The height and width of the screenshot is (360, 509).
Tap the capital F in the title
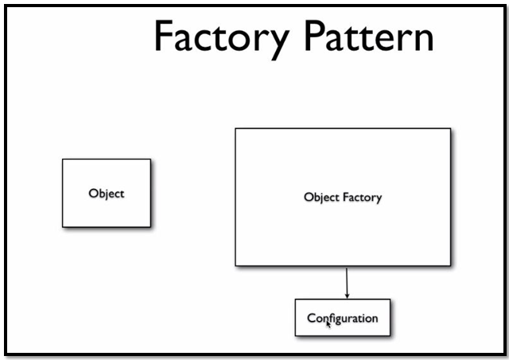[163, 37]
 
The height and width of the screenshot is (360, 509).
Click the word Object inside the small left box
[107, 193]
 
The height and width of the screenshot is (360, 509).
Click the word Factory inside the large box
[362, 197]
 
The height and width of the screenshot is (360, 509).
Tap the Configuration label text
[343, 318]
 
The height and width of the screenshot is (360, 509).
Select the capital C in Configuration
[312, 318]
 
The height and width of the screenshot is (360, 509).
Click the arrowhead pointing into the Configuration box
[347, 296]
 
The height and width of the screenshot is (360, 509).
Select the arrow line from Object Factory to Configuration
[347, 280]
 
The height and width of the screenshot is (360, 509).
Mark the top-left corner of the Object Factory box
[235, 129]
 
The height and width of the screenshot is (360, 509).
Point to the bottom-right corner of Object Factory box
[450, 265]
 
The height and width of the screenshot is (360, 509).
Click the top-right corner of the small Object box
[150, 160]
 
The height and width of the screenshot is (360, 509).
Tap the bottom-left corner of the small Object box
[64, 226]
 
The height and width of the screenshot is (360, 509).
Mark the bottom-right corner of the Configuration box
[390, 335]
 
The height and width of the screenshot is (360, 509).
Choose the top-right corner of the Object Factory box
[450, 129]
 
